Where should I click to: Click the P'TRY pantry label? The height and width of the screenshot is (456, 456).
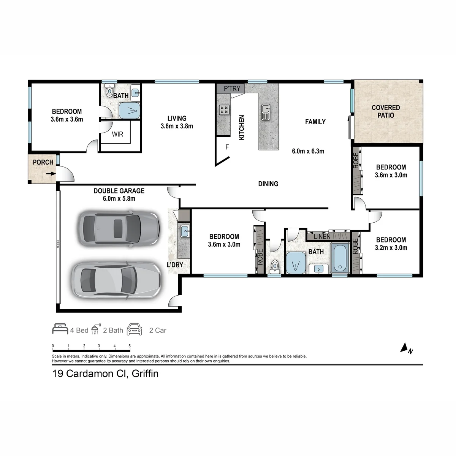coord(232,89)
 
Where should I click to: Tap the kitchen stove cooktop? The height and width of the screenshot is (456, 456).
coord(224,110)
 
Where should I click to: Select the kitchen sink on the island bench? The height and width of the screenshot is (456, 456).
coord(266,112)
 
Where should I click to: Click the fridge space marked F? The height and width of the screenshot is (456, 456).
coord(227,147)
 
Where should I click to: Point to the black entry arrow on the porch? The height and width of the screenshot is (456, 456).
coord(51,174)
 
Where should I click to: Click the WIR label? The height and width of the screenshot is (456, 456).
coord(117,135)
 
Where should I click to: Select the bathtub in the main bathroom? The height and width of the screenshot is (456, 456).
coord(340,258)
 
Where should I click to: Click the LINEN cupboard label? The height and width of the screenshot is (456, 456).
coord(322,237)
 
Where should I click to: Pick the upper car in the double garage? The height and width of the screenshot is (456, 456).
coord(119,229)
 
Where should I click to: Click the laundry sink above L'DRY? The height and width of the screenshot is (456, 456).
coord(185,231)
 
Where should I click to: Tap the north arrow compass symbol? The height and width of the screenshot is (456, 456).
coord(404,348)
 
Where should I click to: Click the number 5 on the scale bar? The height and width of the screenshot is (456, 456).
coord(130,346)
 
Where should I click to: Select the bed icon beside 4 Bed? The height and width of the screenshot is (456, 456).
coord(60,329)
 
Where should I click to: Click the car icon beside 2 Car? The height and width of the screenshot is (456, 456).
coord(135,329)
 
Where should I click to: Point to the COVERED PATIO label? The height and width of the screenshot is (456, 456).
coord(386,111)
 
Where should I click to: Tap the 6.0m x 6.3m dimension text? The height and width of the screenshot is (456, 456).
coord(308,151)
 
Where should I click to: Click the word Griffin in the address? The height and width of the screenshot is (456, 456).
coord(145,374)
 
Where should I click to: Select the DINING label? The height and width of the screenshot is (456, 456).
coord(268,184)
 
